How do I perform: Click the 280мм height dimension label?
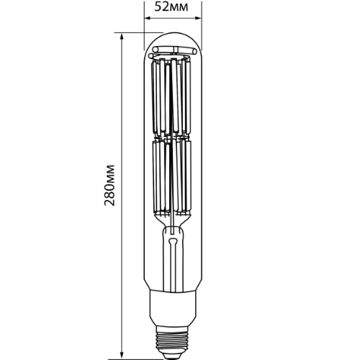click(110, 194)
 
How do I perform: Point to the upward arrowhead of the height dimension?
click(122, 36)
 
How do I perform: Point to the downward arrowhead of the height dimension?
click(122, 354)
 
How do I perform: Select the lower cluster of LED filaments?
click(174, 176)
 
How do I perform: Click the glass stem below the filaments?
click(174, 259)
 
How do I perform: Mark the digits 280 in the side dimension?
click(110, 204)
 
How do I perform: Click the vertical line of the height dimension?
click(122, 130)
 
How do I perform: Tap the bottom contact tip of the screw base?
click(174, 354)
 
